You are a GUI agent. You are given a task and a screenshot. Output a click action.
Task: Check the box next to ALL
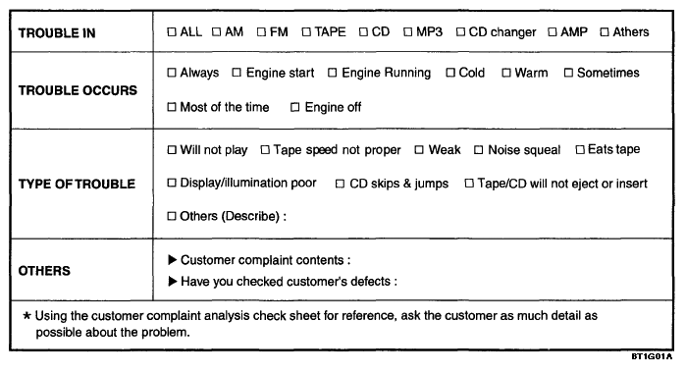pos(172,32)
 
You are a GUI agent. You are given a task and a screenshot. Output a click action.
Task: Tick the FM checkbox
pos(261,32)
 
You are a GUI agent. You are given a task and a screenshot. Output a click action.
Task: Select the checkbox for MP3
pos(407,32)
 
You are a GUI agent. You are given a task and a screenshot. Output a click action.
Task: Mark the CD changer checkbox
pos(460,32)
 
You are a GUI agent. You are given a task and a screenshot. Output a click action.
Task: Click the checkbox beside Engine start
pos(237,73)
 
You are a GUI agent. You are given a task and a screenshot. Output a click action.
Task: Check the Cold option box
pos(450,73)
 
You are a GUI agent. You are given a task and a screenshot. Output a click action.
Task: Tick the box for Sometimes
pos(568,73)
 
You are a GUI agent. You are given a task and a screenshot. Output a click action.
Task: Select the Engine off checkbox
pos(295,107)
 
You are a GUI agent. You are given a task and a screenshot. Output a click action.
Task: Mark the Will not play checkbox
pos(172,150)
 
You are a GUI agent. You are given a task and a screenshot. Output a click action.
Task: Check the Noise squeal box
pos(479,150)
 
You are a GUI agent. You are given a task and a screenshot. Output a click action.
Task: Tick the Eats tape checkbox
pos(580,150)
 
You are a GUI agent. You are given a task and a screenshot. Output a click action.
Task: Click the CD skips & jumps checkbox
pos(340,184)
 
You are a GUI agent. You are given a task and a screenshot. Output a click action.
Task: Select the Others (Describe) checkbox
pos(172,216)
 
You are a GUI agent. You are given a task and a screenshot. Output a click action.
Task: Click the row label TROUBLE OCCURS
pos(78,90)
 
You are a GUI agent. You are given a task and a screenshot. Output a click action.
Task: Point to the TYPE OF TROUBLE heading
pos(77,185)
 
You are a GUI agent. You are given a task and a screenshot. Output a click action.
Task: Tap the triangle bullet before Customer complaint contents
pos(173,260)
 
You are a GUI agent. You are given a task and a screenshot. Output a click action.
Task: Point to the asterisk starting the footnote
pos(27,316)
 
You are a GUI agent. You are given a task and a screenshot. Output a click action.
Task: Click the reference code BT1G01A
pos(652,356)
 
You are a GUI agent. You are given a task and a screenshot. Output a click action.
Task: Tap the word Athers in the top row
pos(631,32)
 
